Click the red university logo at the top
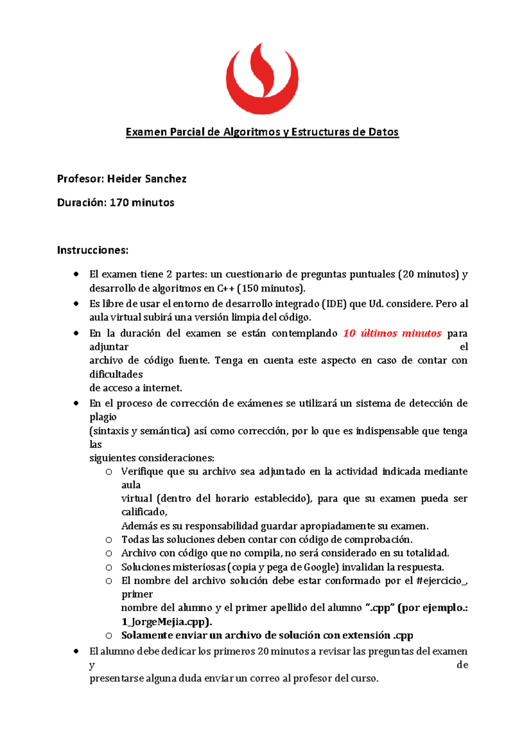coord(262,79)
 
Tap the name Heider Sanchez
coord(146,179)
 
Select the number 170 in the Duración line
coord(119,203)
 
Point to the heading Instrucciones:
coord(92,250)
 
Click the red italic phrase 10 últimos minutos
coord(392,333)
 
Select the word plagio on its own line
coord(103,417)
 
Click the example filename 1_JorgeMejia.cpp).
coord(167,622)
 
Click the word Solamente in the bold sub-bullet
coord(147,635)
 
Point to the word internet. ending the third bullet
coord(162,388)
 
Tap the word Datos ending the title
coord(383,132)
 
